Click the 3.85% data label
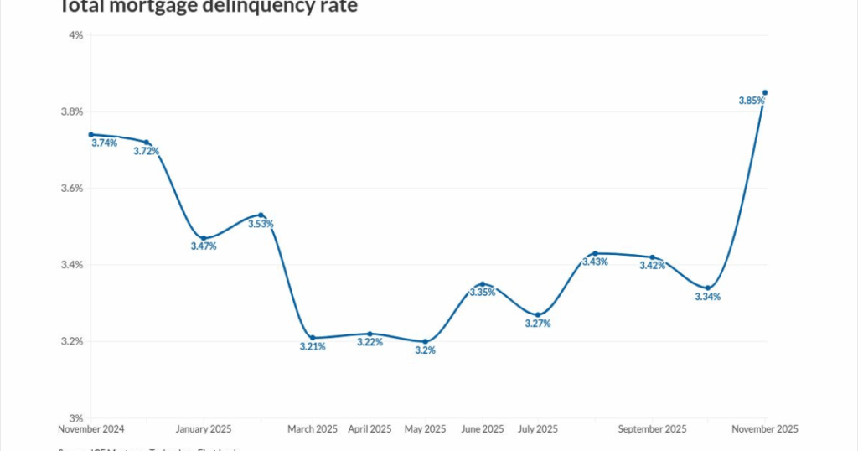pos(752,101)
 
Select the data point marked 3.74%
pos(91,134)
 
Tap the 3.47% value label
pos(203,246)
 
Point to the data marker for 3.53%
pos(261,215)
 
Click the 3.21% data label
pos(313,346)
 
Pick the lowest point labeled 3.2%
pos(426,341)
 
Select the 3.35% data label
pos(482,293)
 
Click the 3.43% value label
pos(594,262)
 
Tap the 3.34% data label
pos(707,297)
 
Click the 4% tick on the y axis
pos(75,35)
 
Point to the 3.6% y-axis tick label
pos(71,189)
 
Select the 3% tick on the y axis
pos(75,418)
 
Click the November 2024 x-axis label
pos(91,429)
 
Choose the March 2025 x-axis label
pos(313,429)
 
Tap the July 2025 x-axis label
pos(538,429)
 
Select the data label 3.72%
pos(146,151)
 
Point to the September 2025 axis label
pos(652,429)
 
